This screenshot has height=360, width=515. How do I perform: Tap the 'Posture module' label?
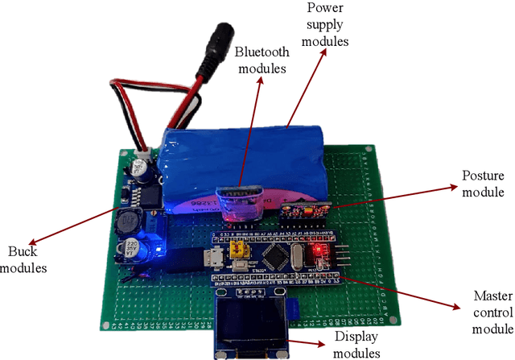click(483, 184)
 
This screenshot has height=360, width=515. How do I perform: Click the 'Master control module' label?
click(483, 312)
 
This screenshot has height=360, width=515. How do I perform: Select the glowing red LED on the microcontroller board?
click(318, 250)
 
